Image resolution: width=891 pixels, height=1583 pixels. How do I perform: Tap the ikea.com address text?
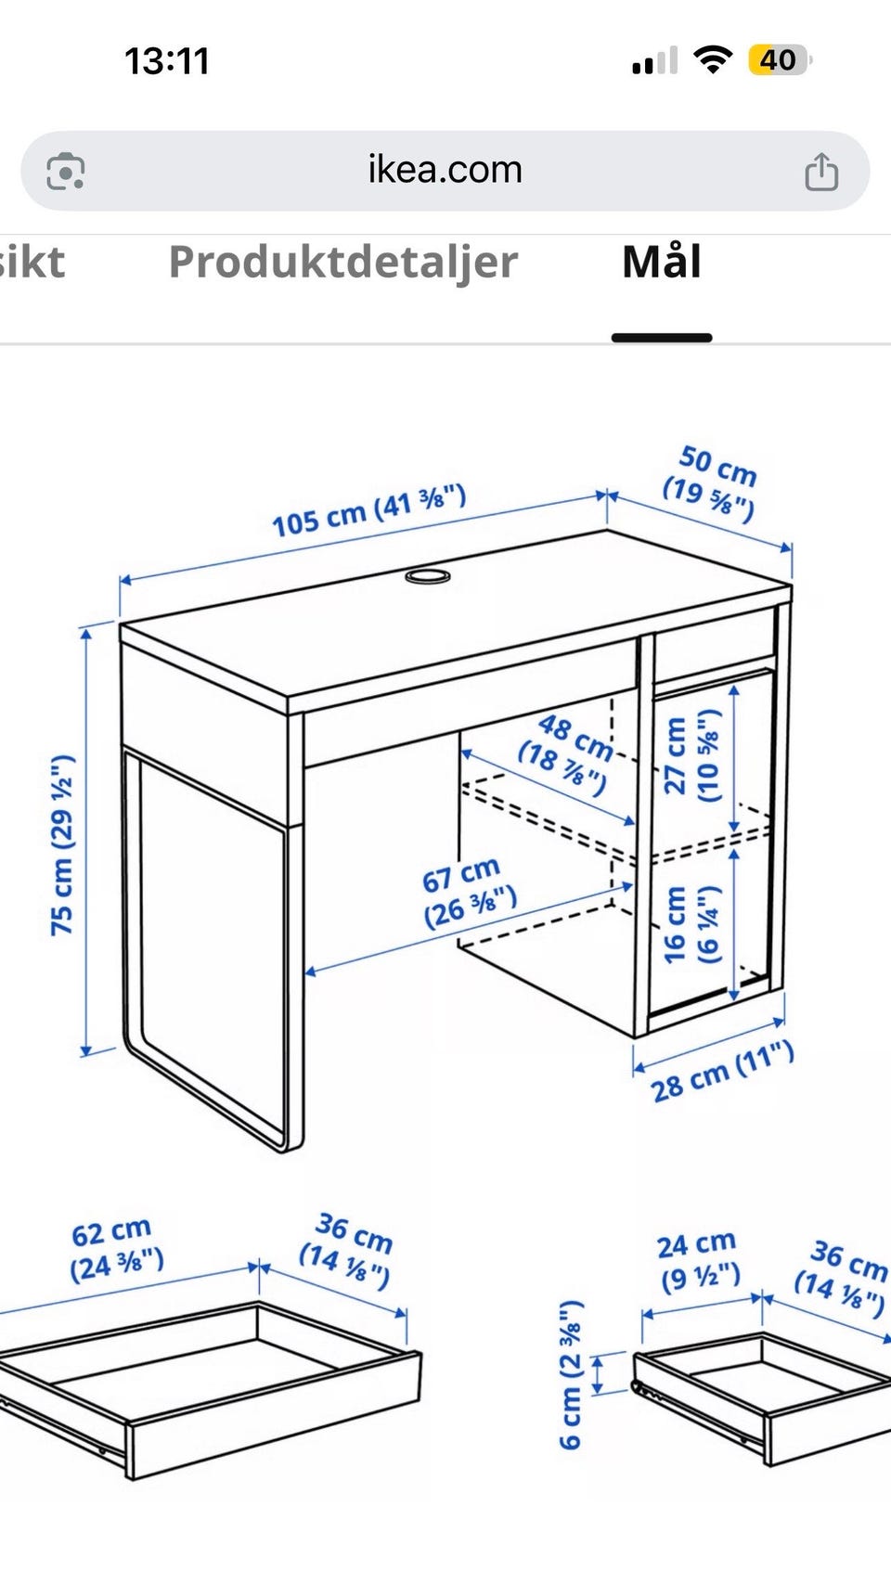(x=445, y=170)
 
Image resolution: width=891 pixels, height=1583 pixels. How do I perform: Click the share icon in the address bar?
(x=821, y=172)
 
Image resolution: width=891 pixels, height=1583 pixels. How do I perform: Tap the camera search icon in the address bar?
(x=65, y=171)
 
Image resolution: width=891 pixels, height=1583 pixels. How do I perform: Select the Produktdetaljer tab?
(x=343, y=263)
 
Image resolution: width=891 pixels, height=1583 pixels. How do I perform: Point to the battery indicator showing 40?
(x=780, y=60)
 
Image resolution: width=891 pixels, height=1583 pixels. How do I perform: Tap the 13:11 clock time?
(x=167, y=60)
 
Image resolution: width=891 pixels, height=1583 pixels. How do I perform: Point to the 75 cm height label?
(x=62, y=844)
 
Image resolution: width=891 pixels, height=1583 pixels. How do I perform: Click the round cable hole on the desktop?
(x=427, y=576)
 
